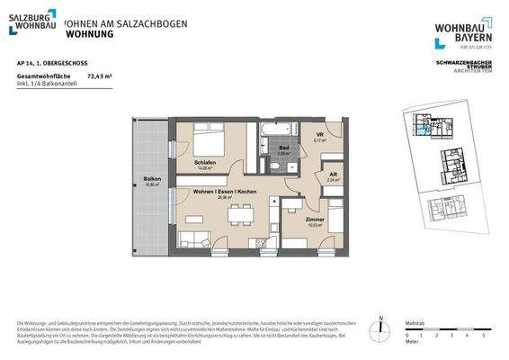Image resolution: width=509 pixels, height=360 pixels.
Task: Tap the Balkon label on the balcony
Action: click(152, 179)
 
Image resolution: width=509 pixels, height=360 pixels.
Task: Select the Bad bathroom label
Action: click(282, 148)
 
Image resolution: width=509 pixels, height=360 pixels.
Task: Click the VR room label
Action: click(318, 136)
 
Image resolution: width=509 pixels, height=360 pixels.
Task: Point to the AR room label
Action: click(332, 175)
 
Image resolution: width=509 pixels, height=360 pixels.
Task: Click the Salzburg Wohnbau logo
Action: click(32, 22)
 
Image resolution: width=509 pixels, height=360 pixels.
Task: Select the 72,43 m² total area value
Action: click(99, 78)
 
